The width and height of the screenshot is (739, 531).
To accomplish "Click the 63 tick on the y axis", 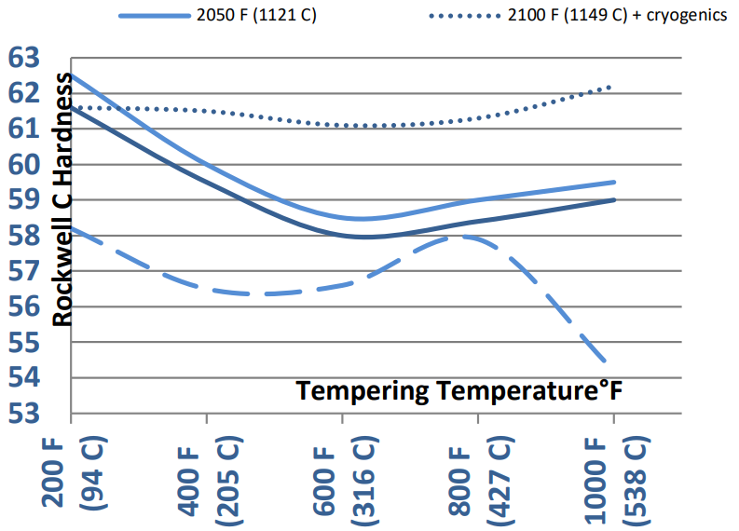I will (24, 58).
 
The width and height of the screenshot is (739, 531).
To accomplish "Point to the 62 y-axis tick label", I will (24, 93).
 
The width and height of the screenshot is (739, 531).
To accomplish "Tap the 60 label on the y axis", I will (24, 164).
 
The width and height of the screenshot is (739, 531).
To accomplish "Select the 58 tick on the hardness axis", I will (24, 235).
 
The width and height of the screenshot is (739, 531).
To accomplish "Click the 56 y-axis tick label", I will (24, 306).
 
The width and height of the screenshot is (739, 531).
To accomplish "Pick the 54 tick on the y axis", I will (24, 377).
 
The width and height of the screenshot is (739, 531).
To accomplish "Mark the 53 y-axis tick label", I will (24, 413).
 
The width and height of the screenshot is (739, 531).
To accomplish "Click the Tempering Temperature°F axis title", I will (458, 391).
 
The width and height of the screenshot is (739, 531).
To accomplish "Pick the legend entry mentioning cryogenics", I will (608, 16).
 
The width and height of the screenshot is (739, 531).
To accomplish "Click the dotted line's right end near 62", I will (612, 87).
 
